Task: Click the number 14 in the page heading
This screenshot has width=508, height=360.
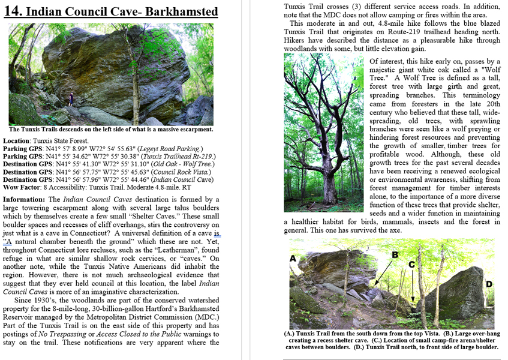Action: pos(13,11)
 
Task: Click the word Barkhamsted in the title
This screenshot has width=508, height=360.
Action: pos(184,11)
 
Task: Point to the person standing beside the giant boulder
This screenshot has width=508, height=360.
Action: pos(71,98)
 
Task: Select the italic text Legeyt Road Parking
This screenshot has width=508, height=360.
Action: pos(172,149)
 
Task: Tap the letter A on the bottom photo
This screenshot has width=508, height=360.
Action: pos(293,259)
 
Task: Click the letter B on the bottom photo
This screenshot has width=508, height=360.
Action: pos(395,254)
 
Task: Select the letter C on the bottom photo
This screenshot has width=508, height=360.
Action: pos(412,264)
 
